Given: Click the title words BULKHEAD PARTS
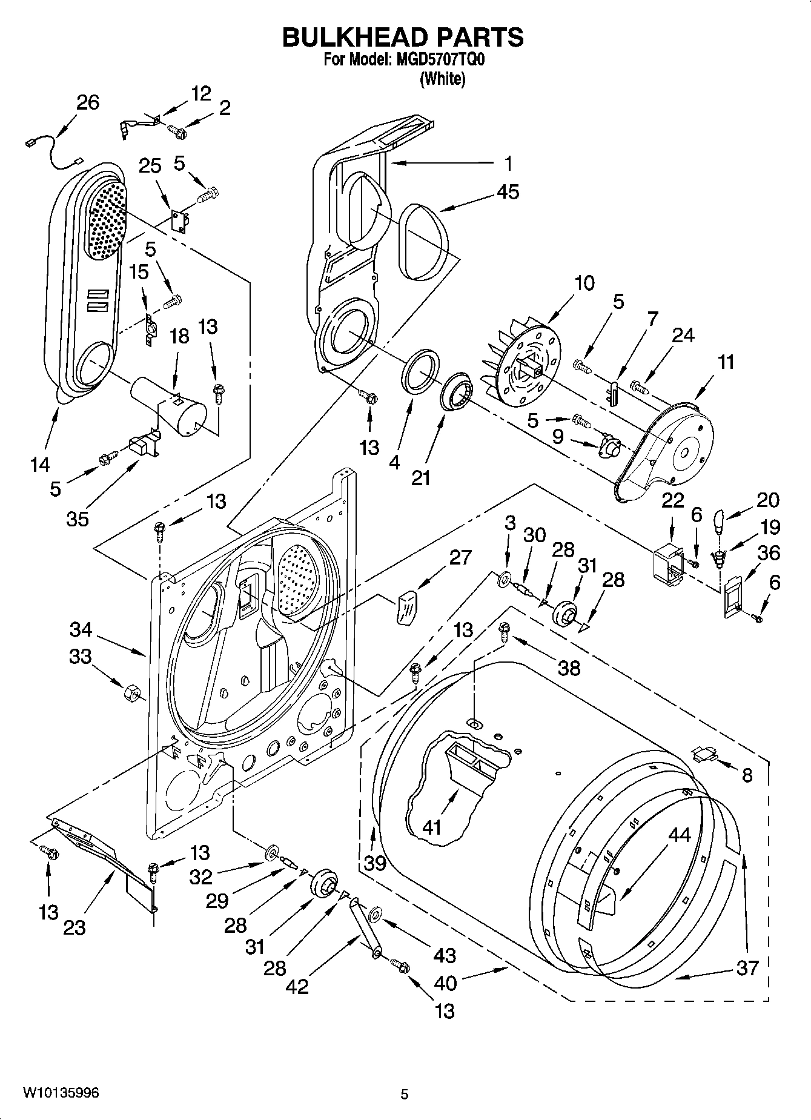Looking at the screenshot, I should point(403,38).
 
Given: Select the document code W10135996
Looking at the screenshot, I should point(61,1092).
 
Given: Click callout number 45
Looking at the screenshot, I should point(508,192).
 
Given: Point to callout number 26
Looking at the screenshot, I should point(88,102).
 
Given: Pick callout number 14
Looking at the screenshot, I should point(41,464).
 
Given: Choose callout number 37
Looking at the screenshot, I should point(747,967).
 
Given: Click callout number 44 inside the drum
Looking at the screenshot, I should point(680,835).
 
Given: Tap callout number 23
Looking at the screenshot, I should point(74,927).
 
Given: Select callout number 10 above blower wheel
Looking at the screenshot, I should point(584,283).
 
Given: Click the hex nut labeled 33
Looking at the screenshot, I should point(131,691).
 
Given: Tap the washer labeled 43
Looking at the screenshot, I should point(374,913).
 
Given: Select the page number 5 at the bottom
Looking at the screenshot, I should point(404,1094).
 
